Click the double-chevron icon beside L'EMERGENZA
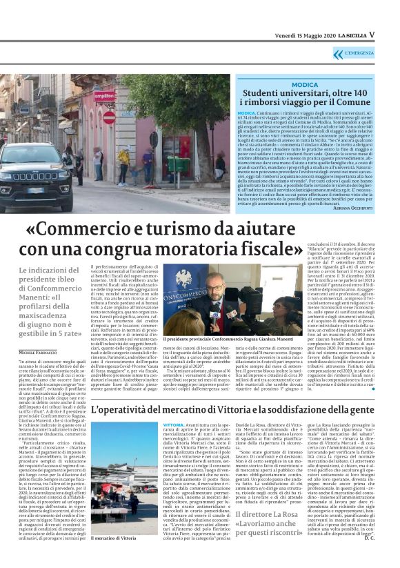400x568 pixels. [338, 54]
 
